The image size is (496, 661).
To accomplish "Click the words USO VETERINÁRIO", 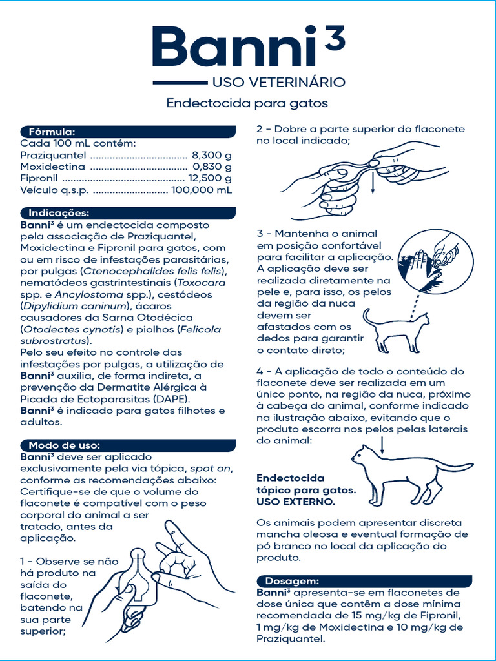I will click(278, 83).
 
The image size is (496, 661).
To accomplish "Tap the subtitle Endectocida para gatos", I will click(247, 103).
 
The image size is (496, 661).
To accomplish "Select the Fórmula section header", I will click(52, 132).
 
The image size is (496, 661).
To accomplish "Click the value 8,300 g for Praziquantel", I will click(212, 156).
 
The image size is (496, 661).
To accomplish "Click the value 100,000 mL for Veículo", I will click(202, 190).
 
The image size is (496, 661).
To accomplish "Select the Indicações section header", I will click(59, 213).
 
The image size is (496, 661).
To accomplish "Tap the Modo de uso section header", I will click(63, 445).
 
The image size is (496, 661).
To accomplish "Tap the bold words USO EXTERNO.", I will click(296, 502).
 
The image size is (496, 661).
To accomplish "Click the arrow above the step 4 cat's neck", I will click(382, 444).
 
